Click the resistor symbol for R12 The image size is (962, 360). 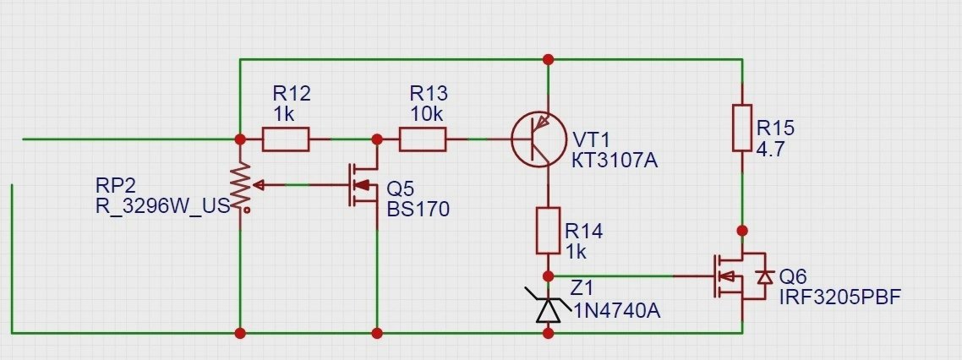[286, 139]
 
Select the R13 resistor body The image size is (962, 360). [422, 139]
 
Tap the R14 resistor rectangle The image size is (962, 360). [549, 231]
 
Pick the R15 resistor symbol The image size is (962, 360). [741, 127]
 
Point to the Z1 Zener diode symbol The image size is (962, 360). [549, 308]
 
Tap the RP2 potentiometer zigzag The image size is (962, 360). [241, 185]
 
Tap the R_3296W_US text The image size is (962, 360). [163, 205]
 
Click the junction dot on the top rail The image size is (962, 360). [549, 59]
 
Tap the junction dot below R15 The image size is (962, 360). [741, 230]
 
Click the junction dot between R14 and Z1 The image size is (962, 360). [549, 276]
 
